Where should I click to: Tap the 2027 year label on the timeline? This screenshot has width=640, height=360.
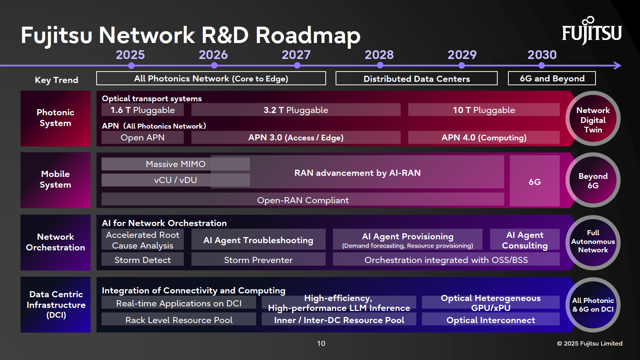296,55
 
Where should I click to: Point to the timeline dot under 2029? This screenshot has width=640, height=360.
462,65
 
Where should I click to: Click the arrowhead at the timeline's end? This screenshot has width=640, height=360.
618,65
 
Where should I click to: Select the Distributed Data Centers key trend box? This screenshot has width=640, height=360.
416,78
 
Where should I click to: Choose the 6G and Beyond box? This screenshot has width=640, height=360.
552,78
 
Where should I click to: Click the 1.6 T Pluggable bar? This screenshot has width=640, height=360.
143,110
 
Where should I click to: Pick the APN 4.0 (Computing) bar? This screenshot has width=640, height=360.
484,137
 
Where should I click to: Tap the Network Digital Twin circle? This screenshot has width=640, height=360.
593,119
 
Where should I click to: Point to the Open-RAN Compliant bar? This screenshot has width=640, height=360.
302,200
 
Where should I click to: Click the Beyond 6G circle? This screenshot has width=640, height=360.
593,180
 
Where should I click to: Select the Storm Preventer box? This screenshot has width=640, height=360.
258,260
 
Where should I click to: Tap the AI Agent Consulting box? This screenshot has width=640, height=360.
525,240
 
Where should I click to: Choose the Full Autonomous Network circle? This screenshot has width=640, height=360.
593,242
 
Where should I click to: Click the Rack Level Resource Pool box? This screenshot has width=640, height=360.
179,320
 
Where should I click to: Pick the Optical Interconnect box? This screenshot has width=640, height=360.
490,320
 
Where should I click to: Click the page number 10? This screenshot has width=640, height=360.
321,343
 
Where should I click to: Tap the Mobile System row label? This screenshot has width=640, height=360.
56,180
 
